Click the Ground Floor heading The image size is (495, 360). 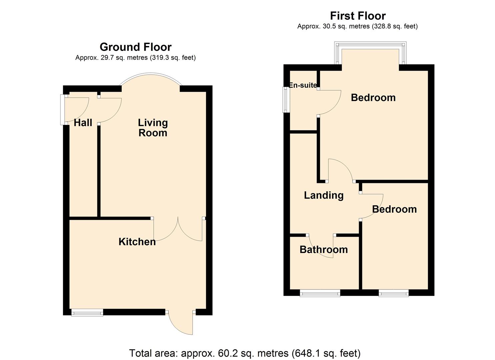135,47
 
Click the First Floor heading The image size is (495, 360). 358,16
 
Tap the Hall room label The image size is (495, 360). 83,123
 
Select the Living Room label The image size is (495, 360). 153,128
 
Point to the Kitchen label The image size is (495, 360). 137,242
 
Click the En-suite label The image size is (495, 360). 303,85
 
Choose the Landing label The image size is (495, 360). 324,195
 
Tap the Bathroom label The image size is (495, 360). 323,250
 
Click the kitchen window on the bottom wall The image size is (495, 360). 87,313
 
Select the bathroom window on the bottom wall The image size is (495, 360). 320,293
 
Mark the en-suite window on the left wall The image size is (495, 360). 286,100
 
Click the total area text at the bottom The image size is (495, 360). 245,353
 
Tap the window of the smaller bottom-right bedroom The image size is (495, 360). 393,293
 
